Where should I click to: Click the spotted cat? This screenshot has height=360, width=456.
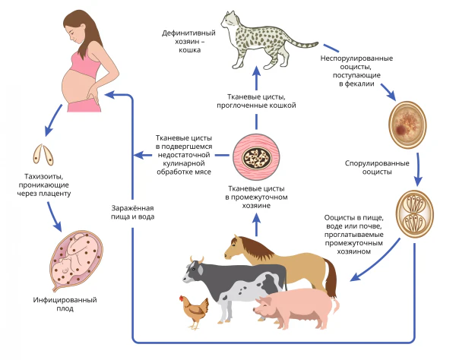[261, 41]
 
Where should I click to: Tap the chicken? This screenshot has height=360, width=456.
[195, 312]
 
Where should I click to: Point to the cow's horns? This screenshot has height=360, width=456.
[197, 259]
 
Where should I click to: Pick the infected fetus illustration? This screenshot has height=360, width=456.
[76, 261]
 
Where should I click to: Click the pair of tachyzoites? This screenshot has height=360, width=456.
[43, 155]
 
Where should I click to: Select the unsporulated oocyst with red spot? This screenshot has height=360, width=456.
[407, 125]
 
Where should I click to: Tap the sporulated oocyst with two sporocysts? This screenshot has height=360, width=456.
[414, 213]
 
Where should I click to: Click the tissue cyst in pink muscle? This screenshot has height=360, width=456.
[256, 157]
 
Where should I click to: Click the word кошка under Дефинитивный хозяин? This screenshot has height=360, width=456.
[189, 50]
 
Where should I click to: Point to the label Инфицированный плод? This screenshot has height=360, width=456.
[65, 304]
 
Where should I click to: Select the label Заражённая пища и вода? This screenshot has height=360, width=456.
[132, 213]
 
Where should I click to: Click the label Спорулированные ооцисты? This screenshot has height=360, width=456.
[377, 167]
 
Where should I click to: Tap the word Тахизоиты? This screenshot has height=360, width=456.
[43, 176]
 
